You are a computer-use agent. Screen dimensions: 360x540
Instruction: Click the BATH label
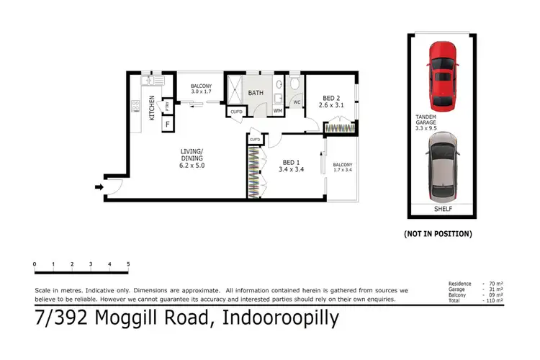click(256, 94)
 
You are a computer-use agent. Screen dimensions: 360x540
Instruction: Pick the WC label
click(296, 102)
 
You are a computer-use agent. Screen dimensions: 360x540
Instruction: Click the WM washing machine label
click(277, 110)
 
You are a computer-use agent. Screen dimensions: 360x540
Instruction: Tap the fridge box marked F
click(168, 125)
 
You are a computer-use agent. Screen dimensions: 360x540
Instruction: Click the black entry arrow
click(99, 189)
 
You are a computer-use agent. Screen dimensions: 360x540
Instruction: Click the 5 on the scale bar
click(128, 264)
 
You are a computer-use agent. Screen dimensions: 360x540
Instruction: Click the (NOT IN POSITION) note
click(438, 234)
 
